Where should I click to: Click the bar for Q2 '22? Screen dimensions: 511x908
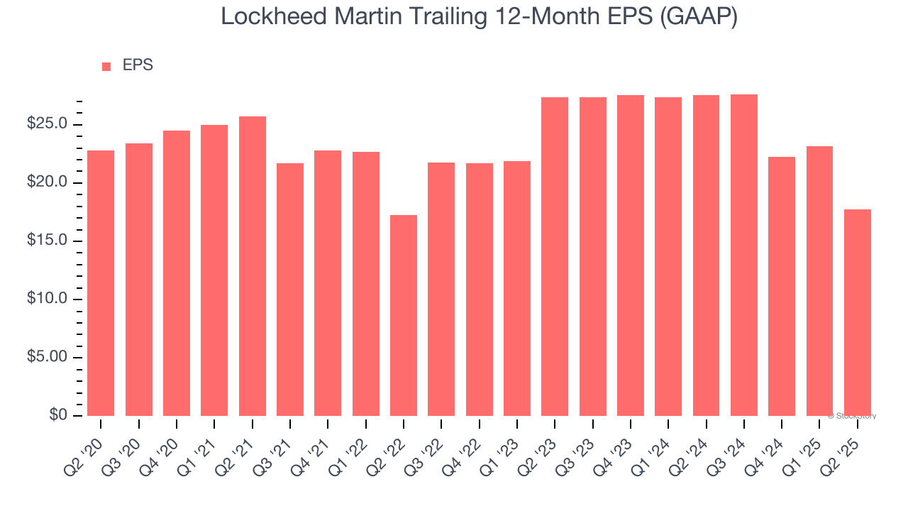click(x=404, y=315)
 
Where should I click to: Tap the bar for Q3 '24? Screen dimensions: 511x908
click(x=744, y=255)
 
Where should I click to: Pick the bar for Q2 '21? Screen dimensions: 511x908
click(x=253, y=266)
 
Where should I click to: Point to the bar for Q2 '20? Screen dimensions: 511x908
click(x=101, y=283)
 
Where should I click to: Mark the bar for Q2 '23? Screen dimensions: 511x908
click(x=555, y=256)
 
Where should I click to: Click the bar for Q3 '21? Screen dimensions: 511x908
click(x=290, y=290)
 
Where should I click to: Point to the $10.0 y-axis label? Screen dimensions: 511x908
click(x=47, y=300)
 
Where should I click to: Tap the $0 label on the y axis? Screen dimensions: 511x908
click(x=58, y=416)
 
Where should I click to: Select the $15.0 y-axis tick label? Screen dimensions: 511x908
click(x=47, y=241)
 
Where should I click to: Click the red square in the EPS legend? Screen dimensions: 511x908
click(x=106, y=67)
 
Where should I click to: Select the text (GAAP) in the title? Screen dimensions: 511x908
click(x=699, y=17)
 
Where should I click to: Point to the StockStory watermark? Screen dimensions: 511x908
click(x=852, y=416)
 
